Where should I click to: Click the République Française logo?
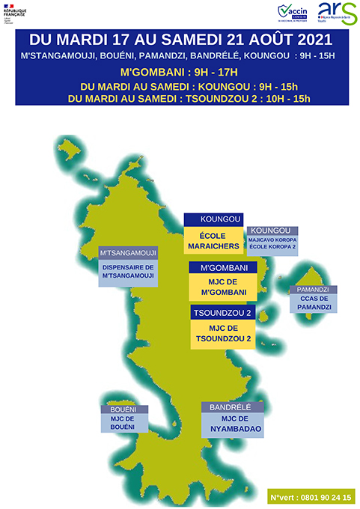click(14, 13)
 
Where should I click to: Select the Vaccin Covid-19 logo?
click(293, 12)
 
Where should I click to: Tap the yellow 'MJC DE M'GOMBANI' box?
click(223, 287)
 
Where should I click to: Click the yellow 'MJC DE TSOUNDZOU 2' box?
click(222, 334)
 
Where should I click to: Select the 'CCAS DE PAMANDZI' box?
click(313, 303)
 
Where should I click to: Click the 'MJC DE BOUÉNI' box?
click(124, 423)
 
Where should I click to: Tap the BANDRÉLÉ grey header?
click(232, 406)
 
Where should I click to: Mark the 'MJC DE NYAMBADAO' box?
click(232, 424)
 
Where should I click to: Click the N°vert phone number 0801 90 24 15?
click(312, 496)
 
